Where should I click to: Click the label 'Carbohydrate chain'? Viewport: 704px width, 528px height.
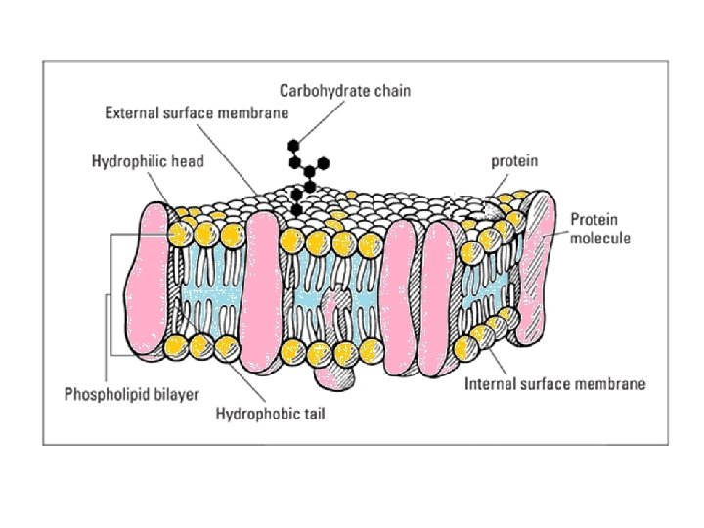coord(345,91)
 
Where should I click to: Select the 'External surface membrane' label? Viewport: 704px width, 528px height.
coord(197,112)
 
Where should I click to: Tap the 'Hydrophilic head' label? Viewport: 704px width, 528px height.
coord(148,160)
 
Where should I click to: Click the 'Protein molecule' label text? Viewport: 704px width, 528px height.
coord(600,228)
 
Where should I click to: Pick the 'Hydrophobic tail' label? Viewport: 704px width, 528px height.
coord(270,415)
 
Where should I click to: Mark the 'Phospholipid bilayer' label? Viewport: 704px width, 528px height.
coord(131,394)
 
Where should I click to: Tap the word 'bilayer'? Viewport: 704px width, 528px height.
coord(177,394)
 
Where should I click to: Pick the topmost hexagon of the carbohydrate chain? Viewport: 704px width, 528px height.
coord(293,146)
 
